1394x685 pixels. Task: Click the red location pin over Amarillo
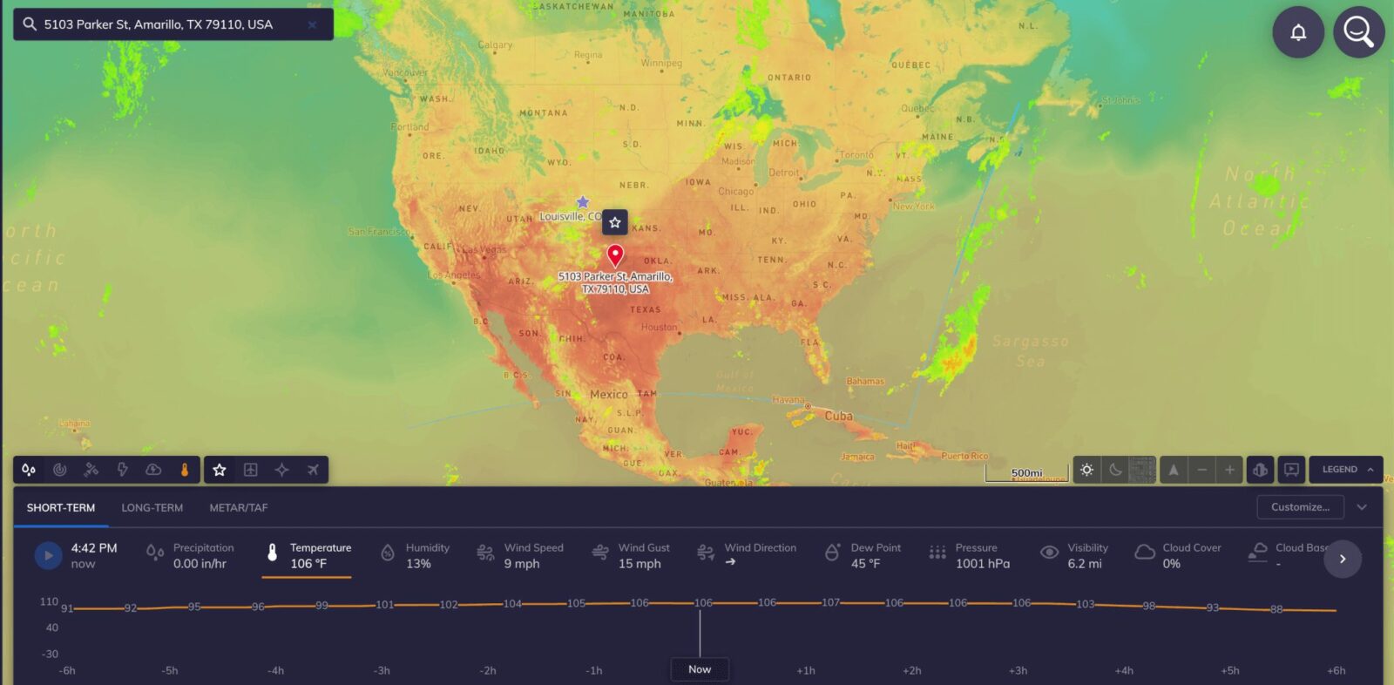(615, 254)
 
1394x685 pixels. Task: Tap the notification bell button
(1298, 33)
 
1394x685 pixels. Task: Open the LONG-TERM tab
(152, 507)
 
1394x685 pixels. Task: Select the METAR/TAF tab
(239, 507)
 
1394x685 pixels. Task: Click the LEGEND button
(1346, 469)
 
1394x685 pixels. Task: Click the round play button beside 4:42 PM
(48, 555)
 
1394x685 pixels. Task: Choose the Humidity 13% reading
(416, 555)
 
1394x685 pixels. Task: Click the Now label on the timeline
(700, 669)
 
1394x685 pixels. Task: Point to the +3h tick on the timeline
(1018, 670)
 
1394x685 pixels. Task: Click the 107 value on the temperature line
(830, 602)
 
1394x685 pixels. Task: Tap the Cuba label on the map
(838, 416)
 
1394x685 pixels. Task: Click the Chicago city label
(735, 192)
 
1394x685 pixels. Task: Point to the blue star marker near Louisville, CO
(583, 202)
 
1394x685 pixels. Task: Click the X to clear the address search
(312, 24)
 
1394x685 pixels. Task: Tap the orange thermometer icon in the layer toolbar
(185, 470)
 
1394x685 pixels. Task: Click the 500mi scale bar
(1026, 474)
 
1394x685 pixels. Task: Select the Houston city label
(659, 327)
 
